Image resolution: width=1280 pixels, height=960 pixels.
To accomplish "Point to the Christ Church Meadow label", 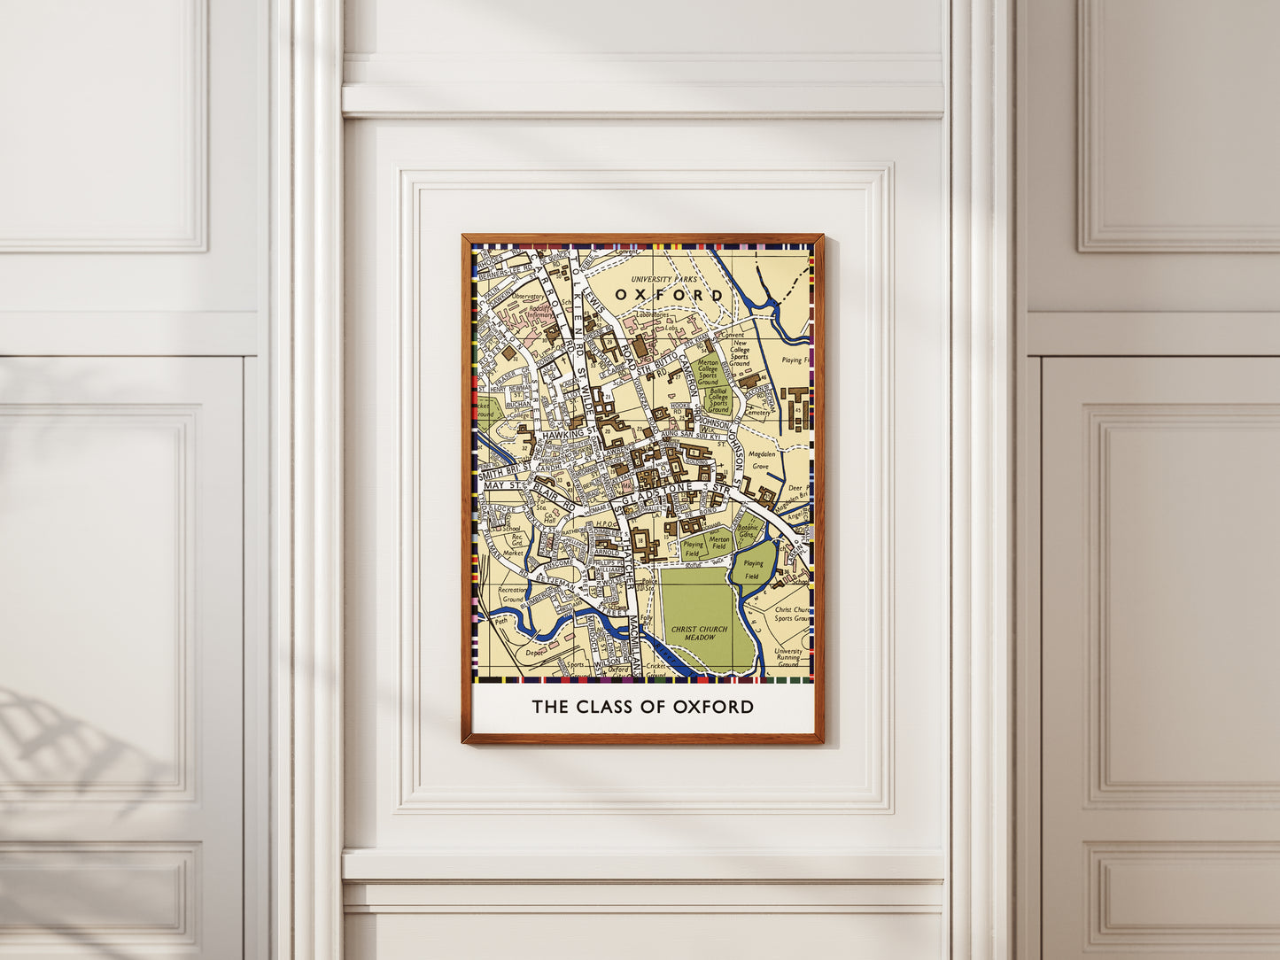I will click(x=699, y=633).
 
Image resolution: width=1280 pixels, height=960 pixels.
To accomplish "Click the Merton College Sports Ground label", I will click(x=708, y=371).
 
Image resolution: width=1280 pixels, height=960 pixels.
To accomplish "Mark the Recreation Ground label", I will click(x=513, y=594).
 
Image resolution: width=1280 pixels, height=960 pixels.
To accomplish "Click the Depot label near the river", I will click(x=534, y=653).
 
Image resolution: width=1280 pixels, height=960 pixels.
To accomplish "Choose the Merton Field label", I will click(x=719, y=543).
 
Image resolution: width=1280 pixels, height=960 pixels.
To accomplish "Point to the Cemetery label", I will click(x=756, y=413).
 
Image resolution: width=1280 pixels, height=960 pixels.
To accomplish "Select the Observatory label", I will click(x=528, y=297).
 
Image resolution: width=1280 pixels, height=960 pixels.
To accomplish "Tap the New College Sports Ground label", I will click(x=740, y=353).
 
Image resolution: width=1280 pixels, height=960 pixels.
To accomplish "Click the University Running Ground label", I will click(x=787, y=657).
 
